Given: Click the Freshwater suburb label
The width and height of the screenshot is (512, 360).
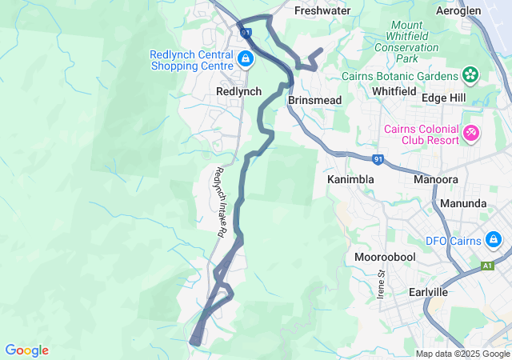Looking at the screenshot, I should pyautogui.click(x=322, y=11).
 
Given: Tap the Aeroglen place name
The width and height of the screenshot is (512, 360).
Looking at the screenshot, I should pyautogui.click(x=458, y=11).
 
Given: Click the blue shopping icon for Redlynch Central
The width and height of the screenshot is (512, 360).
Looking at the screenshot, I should pyautogui.click(x=245, y=59).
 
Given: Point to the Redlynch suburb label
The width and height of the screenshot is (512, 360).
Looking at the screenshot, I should pyautogui.click(x=238, y=92).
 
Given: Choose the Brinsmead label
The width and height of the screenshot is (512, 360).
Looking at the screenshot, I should pyautogui.click(x=314, y=100).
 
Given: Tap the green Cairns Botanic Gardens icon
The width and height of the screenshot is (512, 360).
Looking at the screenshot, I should pyautogui.click(x=470, y=76).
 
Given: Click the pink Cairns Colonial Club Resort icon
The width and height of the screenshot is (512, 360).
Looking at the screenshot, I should pyautogui.click(x=471, y=132).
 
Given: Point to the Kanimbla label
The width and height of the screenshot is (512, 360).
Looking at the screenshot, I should pyautogui.click(x=350, y=180).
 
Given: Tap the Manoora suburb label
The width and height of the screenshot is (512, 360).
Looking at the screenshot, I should pyautogui.click(x=436, y=180).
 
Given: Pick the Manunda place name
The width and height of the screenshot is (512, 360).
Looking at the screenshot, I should pyautogui.click(x=463, y=203).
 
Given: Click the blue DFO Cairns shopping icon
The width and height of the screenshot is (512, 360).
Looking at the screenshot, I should pyautogui.click(x=495, y=240).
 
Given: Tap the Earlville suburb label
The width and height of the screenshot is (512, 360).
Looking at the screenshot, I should pyautogui.click(x=428, y=293).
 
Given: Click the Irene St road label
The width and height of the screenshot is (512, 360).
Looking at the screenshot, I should pyautogui.click(x=382, y=284).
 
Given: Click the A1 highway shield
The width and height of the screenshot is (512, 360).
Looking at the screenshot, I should pyautogui.click(x=487, y=265).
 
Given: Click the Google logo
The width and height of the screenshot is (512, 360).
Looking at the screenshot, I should pyautogui.click(x=26, y=350).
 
